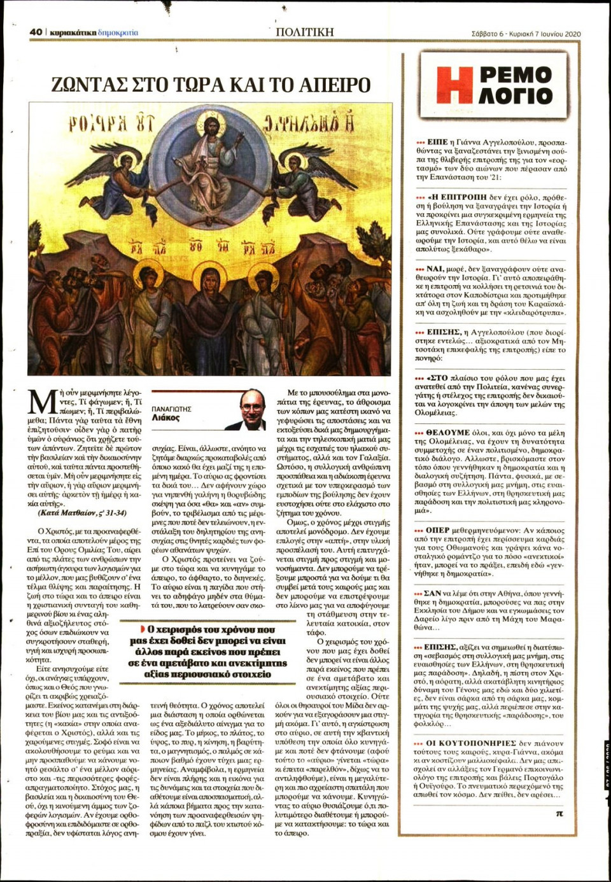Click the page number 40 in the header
pyautogui.click(x=36, y=32)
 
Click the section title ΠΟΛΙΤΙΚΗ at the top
pyautogui.click(x=304, y=31)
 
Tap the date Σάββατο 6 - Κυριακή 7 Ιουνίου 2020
pyautogui.click(x=526, y=34)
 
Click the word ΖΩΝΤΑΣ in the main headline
pyautogui.click(x=87, y=85)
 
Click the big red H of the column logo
pyautogui.click(x=454, y=85)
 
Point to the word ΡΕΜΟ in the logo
pyautogui.click(x=515, y=75)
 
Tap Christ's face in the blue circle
pyautogui.click(x=208, y=127)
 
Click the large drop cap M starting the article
pyautogui.click(x=42, y=403)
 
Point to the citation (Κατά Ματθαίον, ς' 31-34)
pyautogui.click(x=82, y=512)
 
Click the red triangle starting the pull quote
pyautogui.click(x=143, y=629)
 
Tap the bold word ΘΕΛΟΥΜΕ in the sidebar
pyautogui.click(x=447, y=432)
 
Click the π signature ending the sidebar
pyautogui.click(x=559, y=813)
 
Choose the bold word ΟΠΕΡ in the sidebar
pyautogui.click(x=437, y=529)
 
